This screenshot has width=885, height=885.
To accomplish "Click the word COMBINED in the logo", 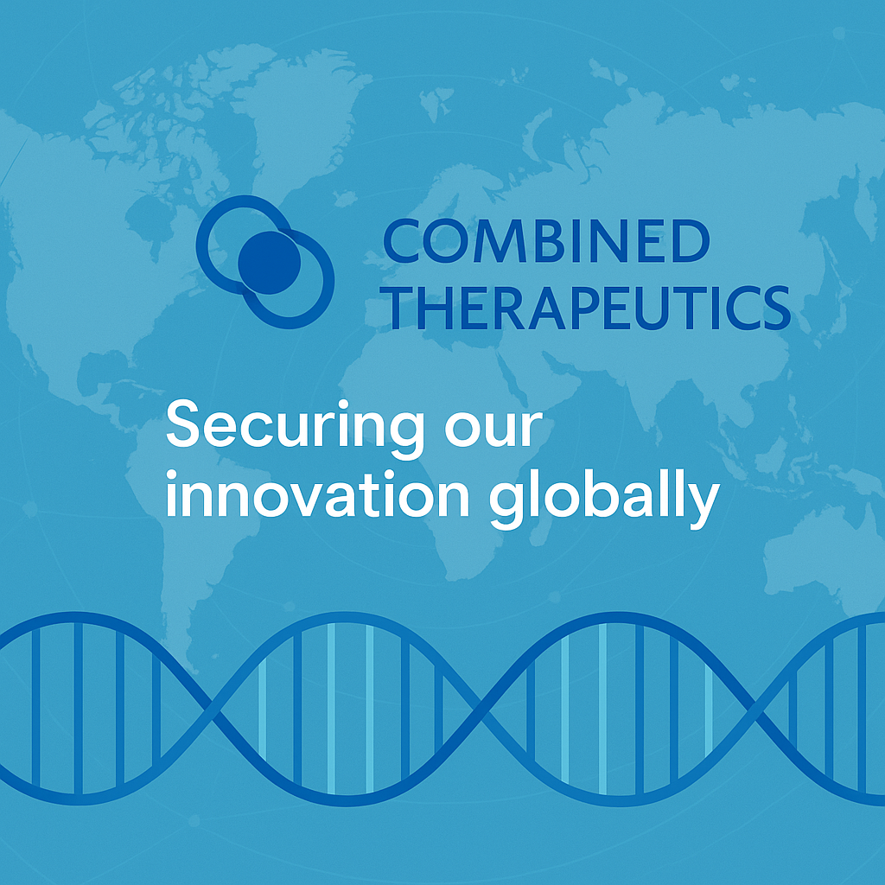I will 544,241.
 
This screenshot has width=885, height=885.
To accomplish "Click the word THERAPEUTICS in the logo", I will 586,308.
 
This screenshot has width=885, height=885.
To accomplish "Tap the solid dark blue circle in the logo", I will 269,261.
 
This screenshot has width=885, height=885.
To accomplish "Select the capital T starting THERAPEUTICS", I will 400,308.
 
